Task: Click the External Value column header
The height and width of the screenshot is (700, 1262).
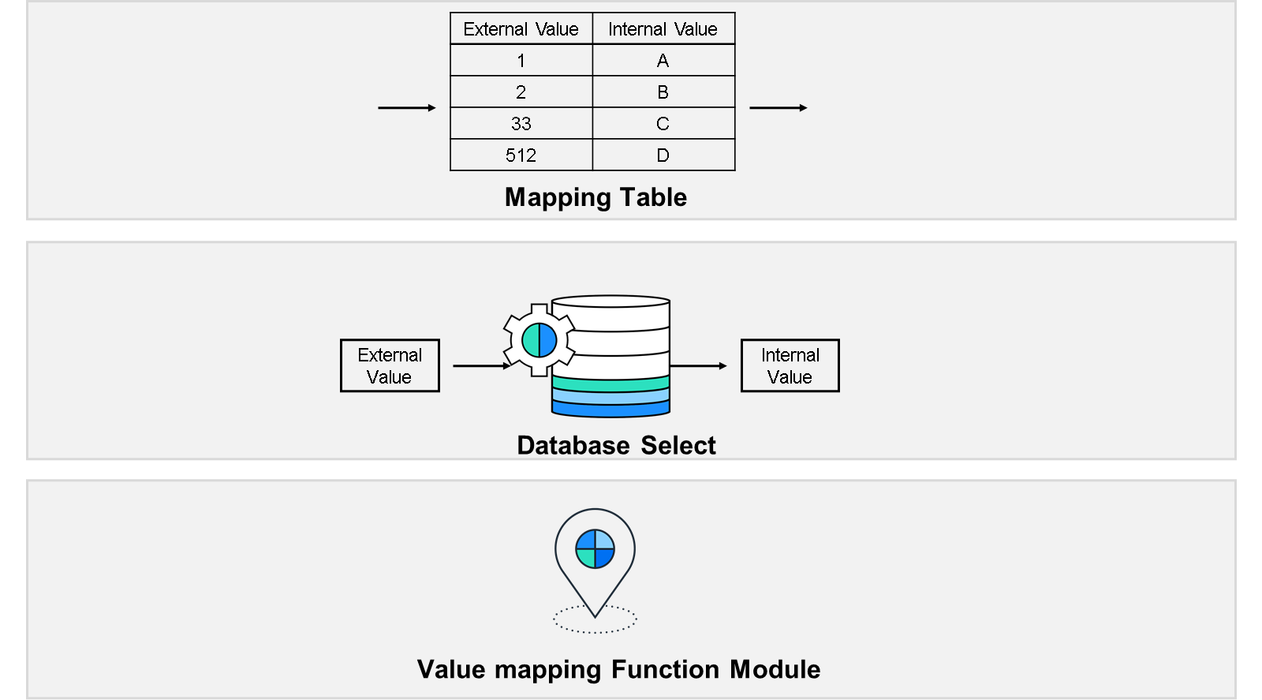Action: point(521,28)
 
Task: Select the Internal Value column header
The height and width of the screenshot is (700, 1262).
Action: point(663,28)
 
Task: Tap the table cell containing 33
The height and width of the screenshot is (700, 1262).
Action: point(521,123)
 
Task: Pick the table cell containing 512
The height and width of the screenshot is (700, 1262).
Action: point(521,155)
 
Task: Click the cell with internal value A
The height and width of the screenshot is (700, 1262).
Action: point(663,60)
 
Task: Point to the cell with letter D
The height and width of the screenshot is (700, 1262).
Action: point(663,155)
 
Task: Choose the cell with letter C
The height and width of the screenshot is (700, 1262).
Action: point(663,123)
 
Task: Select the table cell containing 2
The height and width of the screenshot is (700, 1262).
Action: point(521,92)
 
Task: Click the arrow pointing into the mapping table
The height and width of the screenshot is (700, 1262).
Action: point(407,107)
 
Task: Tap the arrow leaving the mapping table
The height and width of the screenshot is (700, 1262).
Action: point(778,107)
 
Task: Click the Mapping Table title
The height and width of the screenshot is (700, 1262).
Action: point(596,198)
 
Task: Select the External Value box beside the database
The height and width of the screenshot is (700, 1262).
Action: point(390,365)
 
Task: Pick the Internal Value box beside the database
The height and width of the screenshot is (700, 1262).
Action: point(790,365)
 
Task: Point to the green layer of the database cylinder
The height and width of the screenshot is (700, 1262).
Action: point(610,384)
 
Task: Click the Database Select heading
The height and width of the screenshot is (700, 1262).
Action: point(616,445)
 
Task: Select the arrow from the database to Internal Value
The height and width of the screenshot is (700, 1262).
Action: point(699,365)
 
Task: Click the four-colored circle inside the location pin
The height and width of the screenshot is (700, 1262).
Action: point(595,548)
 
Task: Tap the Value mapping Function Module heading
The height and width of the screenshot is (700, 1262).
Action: point(618,670)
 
